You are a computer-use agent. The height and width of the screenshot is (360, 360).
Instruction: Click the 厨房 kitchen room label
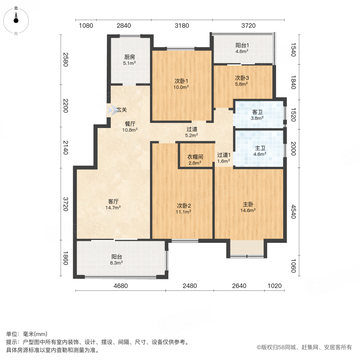129,57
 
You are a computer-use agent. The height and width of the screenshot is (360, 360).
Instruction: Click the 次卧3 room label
241,78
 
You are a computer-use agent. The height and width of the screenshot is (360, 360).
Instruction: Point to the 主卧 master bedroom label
249,204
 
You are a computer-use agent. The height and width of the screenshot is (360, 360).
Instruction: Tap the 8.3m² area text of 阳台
116,263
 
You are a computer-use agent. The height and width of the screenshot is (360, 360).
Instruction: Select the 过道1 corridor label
224,155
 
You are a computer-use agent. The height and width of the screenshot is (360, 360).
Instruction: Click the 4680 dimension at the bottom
120,286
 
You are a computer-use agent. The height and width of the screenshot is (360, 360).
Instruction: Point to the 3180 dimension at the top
182,26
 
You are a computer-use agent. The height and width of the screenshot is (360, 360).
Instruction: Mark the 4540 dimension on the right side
293,212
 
